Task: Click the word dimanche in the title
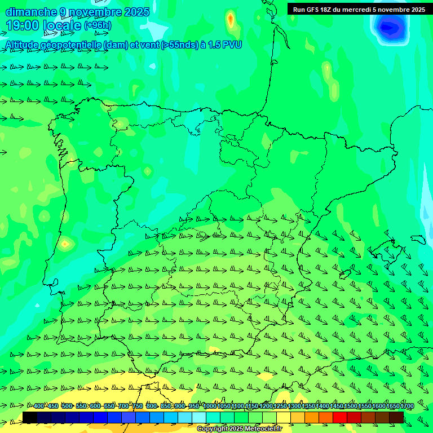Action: click(x=30, y=12)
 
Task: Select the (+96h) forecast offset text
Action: click(x=98, y=25)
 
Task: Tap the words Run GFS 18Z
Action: click(x=313, y=9)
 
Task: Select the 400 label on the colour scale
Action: click(x=39, y=406)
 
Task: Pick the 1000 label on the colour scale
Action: click(x=209, y=406)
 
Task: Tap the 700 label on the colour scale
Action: click(x=123, y=406)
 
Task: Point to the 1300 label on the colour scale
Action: click(x=294, y=406)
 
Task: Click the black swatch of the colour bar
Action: click(x=30, y=417)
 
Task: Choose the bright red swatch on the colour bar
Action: click(x=340, y=417)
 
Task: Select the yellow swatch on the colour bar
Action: click(x=284, y=417)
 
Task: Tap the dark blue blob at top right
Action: click(x=390, y=26)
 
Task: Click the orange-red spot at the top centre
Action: click(x=230, y=20)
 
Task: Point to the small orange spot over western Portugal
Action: click(x=66, y=244)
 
